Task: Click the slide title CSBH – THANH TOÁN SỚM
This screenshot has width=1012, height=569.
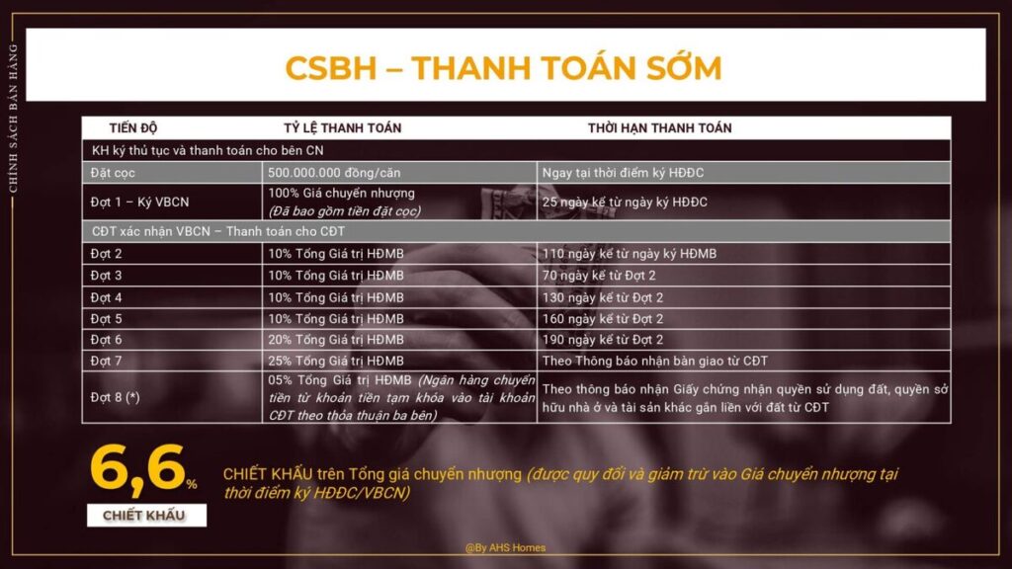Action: (x=503, y=68)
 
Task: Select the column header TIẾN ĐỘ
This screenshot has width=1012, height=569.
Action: (x=133, y=127)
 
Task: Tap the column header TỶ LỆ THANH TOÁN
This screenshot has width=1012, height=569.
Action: (x=342, y=127)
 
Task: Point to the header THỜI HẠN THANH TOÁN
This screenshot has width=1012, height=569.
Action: (x=659, y=127)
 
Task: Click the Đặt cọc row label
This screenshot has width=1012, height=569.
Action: (x=113, y=173)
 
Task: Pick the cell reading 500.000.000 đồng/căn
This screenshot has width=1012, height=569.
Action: (x=334, y=173)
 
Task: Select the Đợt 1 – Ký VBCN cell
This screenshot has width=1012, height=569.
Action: (x=139, y=202)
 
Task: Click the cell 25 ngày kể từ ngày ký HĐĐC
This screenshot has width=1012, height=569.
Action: (x=625, y=202)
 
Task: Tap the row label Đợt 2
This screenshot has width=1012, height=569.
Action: (x=106, y=254)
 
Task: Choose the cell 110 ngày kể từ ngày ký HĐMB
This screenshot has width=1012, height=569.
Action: (x=630, y=254)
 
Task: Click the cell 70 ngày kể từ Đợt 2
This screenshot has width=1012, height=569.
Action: (x=598, y=276)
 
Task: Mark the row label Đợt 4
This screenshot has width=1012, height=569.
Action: (x=106, y=297)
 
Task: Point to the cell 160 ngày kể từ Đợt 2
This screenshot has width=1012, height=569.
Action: (x=602, y=319)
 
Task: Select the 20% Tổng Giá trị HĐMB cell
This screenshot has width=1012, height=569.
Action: (x=336, y=340)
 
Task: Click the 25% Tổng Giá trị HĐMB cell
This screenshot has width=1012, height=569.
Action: (x=336, y=361)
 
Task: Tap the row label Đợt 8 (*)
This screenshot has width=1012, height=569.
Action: (x=115, y=397)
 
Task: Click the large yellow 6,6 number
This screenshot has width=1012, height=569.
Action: (x=137, y=469)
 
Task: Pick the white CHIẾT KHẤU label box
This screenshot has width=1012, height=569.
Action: (x=146, y=516)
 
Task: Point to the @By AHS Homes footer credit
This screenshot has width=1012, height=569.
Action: (x=505, y=547)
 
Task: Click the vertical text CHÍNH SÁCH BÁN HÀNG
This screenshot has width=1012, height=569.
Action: (x=13, y=119)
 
